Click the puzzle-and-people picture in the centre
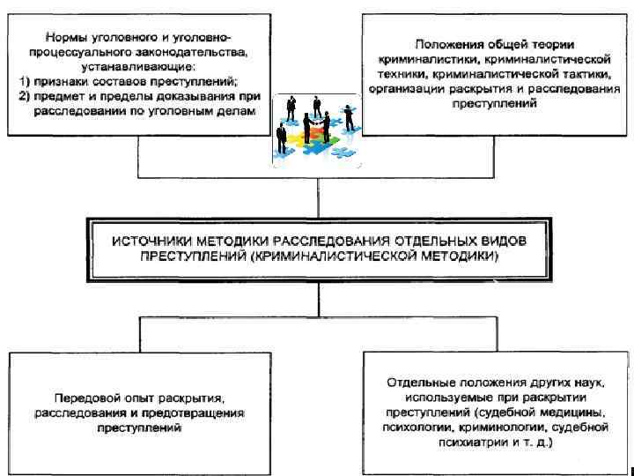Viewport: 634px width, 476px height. (x=314, y=129)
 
